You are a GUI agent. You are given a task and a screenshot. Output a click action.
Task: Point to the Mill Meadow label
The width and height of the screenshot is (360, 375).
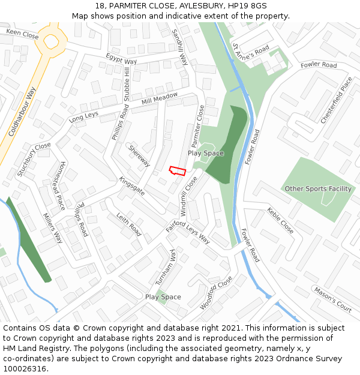click(x=160, y=98)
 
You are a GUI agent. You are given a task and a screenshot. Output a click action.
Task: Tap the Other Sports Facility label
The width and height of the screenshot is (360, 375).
click(x=318, y=189)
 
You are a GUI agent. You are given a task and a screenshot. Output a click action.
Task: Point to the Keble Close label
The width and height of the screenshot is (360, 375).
click(x=281, y=221)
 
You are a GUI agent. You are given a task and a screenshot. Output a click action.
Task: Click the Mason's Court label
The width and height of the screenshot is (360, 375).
click(x=332, y=299)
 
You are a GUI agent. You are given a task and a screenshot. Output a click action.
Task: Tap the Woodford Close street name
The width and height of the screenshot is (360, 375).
click(x=215, y=292)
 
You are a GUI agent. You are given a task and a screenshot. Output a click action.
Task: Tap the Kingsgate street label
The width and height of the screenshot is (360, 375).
click(x=131, y=186)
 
